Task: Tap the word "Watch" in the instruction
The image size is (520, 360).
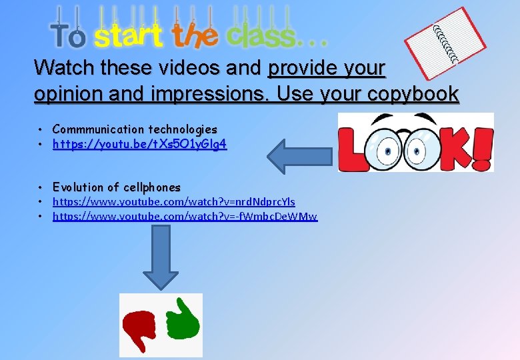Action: coord(64,68)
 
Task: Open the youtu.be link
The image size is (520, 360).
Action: coord(139,143)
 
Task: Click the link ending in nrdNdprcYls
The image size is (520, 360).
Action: coord(173,201)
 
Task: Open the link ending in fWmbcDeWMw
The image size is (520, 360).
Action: coord(185,216)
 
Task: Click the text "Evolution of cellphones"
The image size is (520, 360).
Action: coord(116,187)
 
